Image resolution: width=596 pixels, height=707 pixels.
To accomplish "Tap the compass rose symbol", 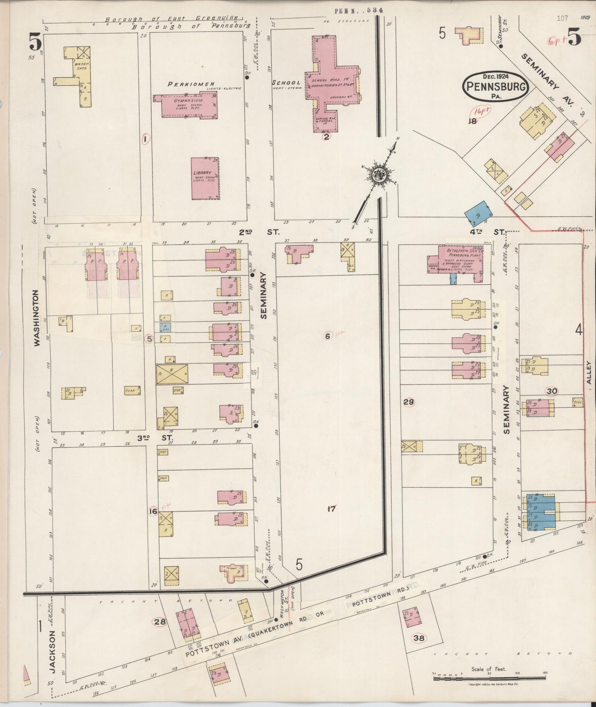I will [x=378, y=175].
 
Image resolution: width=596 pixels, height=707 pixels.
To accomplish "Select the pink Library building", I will [x=205, y=179].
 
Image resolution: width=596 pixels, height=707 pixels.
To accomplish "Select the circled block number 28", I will [x=159, y=622].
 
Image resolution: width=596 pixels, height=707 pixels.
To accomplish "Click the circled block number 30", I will [x=551, y=391].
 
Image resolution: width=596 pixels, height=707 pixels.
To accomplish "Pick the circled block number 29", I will [x=408, y=402].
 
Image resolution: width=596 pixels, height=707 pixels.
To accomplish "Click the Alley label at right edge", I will [x=589, y=372].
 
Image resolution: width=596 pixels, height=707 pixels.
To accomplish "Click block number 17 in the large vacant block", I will [x=331, y=509].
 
